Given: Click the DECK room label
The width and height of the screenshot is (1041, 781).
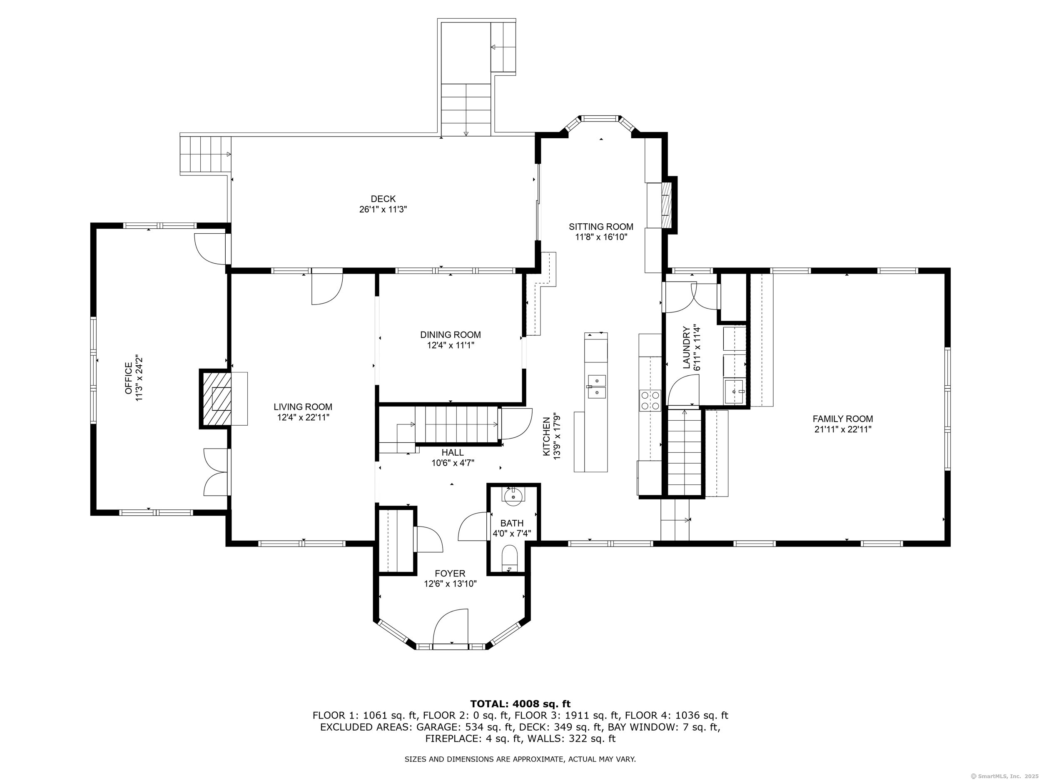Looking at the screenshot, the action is [383, 199].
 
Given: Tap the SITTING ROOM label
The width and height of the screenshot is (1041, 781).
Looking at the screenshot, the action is [601, 227].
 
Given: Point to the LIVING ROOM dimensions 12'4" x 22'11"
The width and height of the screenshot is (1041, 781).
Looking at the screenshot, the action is [303, 417].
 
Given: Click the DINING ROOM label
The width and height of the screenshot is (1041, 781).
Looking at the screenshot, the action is [451, 335].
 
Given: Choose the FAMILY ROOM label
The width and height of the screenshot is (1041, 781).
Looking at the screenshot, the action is [843, 419].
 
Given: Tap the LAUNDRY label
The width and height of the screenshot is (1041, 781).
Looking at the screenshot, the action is [686, 347].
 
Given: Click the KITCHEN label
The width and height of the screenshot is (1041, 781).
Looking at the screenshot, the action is [547, 436].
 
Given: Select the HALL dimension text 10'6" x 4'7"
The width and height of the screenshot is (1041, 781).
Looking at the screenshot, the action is [453, 463].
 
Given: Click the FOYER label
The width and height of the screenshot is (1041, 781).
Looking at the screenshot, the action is [450, 574].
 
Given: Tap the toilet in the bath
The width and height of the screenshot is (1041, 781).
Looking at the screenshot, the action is [510, 558].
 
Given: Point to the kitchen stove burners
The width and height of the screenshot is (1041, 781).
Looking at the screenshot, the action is [650, 400].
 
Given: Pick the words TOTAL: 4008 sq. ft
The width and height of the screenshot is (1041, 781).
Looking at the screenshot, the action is [520, 704].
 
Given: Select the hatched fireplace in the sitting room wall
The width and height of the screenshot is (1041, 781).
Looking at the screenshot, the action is [666, 205].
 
